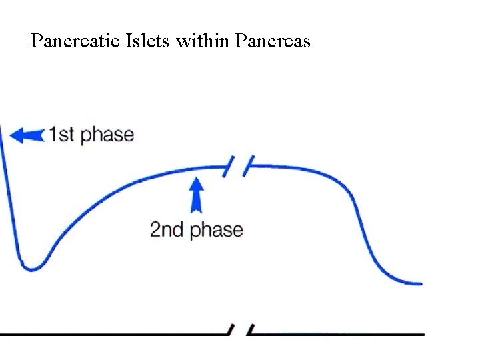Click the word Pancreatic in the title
67,42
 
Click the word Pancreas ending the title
272,42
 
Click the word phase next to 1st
106,135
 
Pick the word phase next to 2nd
217,231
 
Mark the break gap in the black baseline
240,330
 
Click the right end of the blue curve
419,283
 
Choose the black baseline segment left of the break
113,332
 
